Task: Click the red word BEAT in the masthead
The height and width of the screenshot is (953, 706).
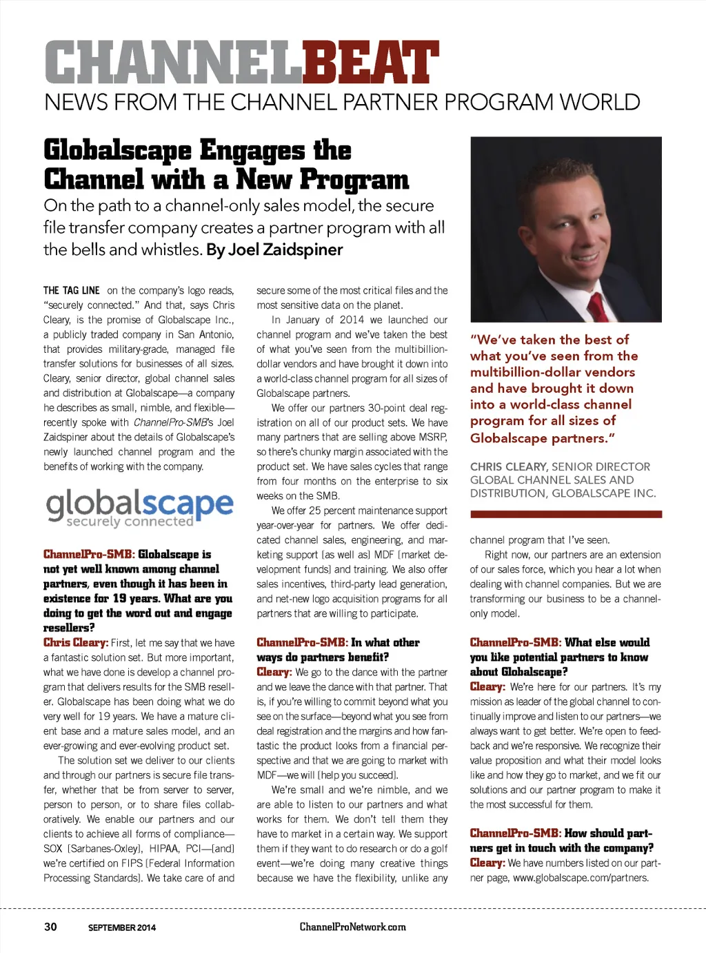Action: coord(370,62)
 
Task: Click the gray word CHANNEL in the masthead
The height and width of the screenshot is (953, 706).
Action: coord(173,62)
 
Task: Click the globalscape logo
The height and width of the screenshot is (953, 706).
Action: coord(139,507)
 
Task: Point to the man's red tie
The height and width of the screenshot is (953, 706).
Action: coord(598,304)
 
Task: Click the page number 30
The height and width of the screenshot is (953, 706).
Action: coord(50,927)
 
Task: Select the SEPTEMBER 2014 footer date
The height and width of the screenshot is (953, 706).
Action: coord(122,928)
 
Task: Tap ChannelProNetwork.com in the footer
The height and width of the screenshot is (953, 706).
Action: coord(352,927)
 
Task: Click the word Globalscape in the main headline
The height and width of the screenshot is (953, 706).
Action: coord(117,151)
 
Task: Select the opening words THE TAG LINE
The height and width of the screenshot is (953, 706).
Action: coord(72,291)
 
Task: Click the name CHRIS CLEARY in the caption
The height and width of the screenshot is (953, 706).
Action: coord(509,467)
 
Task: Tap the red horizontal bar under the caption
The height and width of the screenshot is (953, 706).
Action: coord(565,514)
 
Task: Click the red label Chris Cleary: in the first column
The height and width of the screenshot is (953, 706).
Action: coord(76,642)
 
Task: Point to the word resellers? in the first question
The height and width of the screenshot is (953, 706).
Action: coord(69,628)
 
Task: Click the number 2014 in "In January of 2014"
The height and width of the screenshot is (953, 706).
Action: coord(352,320)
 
